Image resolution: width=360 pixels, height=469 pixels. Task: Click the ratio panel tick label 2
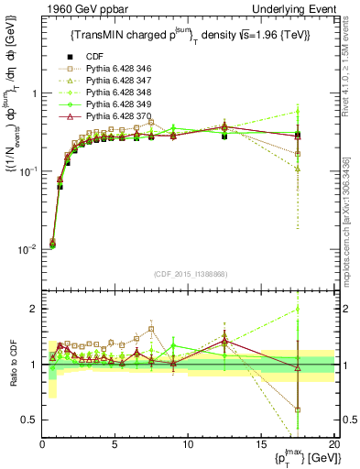34,309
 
